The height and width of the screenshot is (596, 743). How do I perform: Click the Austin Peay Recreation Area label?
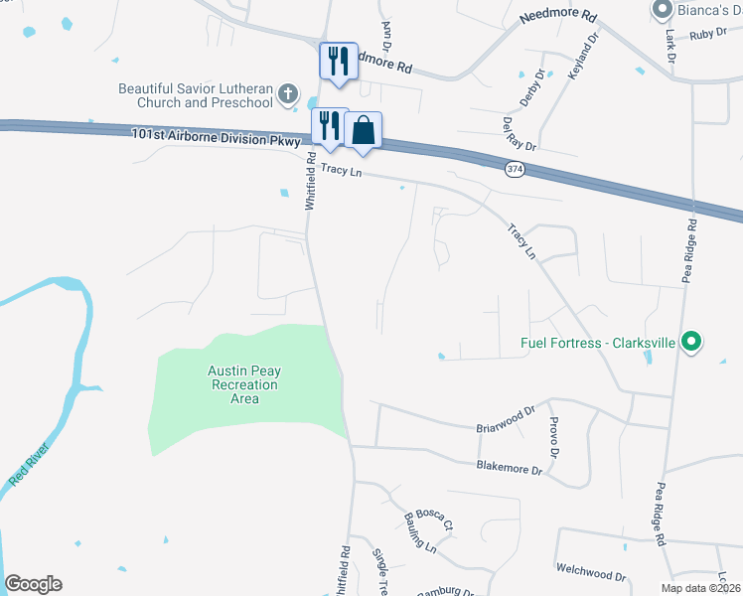[x=243, y=384]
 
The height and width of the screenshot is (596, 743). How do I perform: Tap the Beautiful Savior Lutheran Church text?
[x=195, y=95]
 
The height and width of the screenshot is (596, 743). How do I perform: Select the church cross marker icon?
[x=288, y=94]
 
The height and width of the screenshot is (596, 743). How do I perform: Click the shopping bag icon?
[x=365, y=130]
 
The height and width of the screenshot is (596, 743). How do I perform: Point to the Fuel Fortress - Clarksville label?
[x=598, y=344]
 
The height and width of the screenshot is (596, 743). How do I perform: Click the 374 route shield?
[x=515, y=169]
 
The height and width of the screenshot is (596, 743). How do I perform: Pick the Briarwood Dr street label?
[x=506, y=418]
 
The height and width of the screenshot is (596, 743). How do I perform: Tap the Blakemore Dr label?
[x=508, y=467]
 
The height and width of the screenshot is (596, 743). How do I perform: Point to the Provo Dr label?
[x=552, y=437]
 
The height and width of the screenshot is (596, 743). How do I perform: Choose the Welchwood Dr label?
[x=591, y=575]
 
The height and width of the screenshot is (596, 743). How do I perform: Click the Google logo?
[x=33, y=584]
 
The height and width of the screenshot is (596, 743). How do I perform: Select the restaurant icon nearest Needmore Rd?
[x=337, y=61]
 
